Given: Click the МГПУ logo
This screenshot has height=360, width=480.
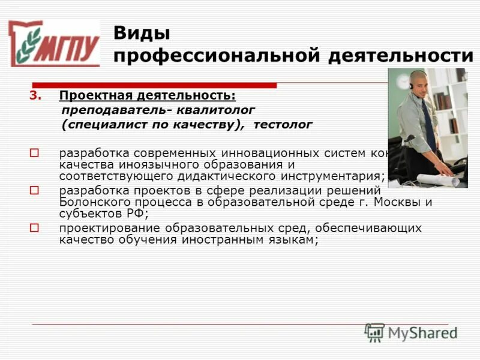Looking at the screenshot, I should pyautogui.click(x=54, y=43).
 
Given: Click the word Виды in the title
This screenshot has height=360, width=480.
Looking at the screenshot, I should pyautogui.click(x=142, y=32).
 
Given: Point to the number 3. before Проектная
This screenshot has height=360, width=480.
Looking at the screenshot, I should pyautogui.click(x=36, y=95).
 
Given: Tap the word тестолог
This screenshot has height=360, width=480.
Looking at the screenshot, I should pyautogui.click(x=283, y=125).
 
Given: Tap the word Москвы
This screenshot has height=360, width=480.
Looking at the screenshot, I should pyautogui.click(x=399, y=202).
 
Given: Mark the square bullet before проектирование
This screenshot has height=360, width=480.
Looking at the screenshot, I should pyautogui.click(x=34, y=228).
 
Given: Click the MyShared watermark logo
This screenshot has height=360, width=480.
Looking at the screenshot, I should pyautogui.click(x=411, y=332).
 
